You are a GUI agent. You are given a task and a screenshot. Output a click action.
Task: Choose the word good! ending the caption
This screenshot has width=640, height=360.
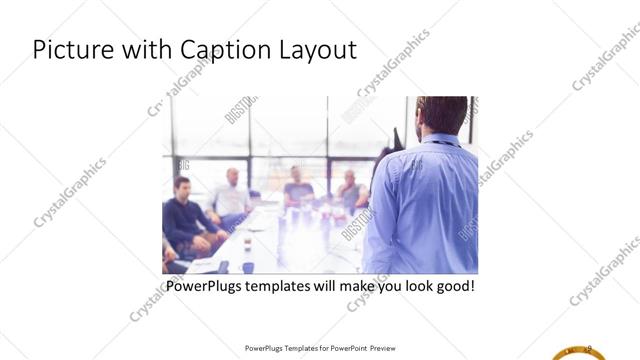click(x=451, y=287)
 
